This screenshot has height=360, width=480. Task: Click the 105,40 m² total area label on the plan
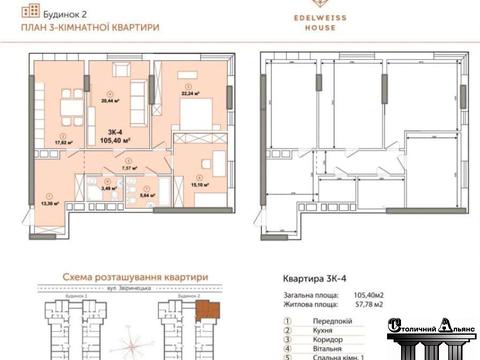[116, 141]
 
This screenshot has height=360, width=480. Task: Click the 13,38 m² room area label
[49, 203]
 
